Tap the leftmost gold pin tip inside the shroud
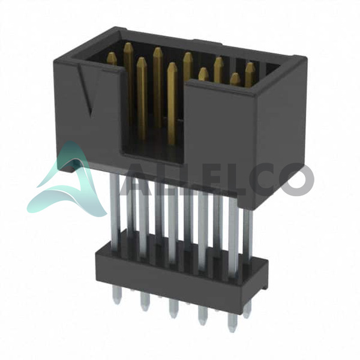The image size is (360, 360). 112,58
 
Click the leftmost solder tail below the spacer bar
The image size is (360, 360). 116,296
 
